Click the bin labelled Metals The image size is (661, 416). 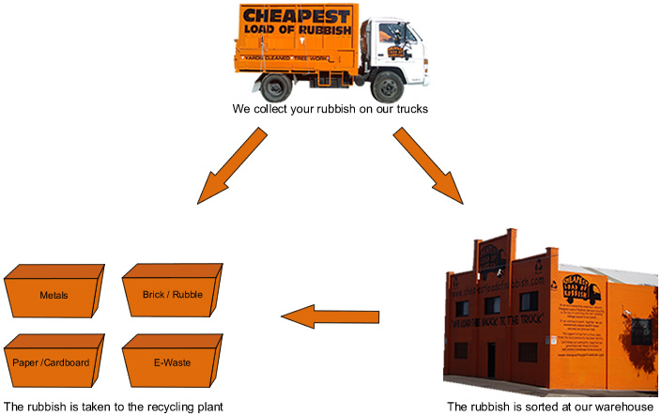[x=54, y=295]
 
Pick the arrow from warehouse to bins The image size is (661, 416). [x=332, y=317]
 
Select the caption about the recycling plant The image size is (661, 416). [x=114, y=407]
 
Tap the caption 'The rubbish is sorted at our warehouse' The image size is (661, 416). [x=549, y=407]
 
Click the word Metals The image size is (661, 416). [x=54, y=295]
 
